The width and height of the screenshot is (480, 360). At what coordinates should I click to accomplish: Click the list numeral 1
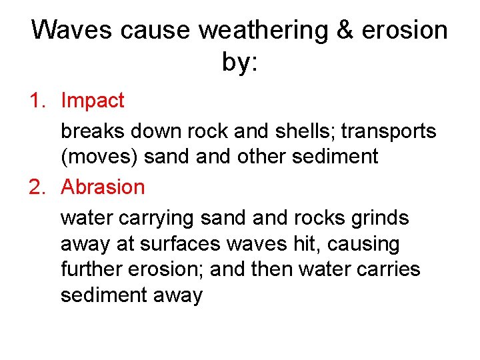pyautogui.click(x=36, y=101)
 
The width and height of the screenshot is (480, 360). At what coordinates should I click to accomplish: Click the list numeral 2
pyautogui.click(x=36, y=187)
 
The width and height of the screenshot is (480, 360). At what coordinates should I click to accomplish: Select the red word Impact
pyautogui.click(x=92, y=101)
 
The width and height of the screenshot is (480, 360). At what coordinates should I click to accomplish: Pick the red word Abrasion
pyautogui.click(x=103, y=187)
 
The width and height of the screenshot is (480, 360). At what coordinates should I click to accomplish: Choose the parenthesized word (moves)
pyautogui.click(x=99, y=157)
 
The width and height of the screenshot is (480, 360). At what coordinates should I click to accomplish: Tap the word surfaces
pyautogui.click(x=180, y=244)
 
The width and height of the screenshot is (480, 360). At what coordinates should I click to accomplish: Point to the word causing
pyautogui.click(x=361, y=244)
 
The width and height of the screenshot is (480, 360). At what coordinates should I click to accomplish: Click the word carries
pyautogui.click(x=389, y=269)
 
